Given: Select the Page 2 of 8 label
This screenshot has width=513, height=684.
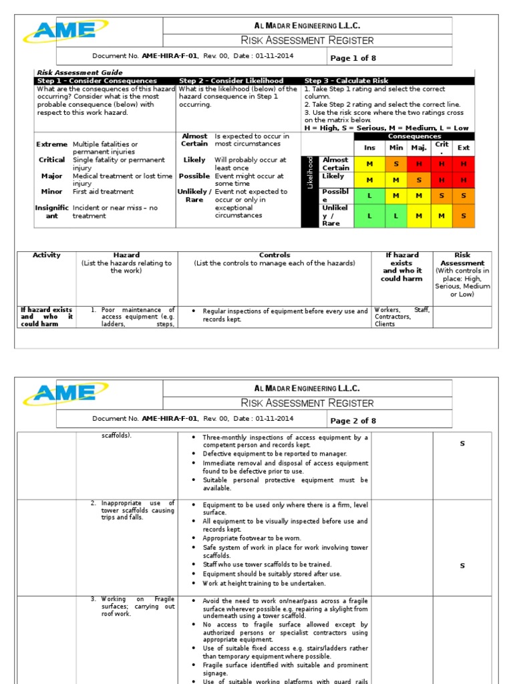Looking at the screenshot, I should tap(353, 421).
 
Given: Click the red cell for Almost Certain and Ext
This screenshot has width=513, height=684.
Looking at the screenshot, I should tap(463, 164).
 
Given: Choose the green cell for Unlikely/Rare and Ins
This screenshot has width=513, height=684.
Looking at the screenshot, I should tap(369, 215).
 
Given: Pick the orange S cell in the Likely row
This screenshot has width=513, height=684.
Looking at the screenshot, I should tap(419, 180).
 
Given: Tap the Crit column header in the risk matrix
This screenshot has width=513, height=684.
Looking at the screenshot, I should tap(442, 147).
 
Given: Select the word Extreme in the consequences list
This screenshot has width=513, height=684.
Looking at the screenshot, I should tap(51, 144).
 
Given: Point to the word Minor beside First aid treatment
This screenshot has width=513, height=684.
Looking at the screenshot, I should tap(51, 192).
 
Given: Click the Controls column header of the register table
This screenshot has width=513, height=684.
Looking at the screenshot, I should tap(275, 255).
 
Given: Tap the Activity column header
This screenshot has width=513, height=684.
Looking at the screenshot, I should tap(46, 255).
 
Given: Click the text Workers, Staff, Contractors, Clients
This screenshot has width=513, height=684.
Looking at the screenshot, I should tap(401, 317).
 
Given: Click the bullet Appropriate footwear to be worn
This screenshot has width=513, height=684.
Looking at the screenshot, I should tap(252, 538).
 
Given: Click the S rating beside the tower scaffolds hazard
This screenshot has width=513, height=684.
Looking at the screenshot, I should tap(462, 566).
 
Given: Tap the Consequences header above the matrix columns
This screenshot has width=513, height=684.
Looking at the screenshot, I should tap(414, 136).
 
